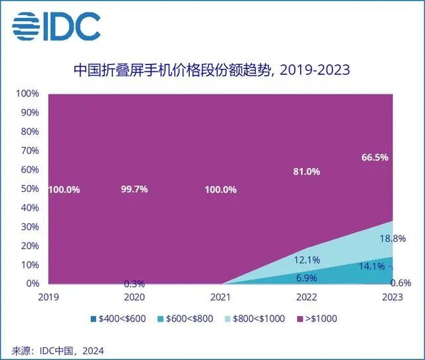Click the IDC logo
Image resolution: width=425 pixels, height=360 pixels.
(56, 26)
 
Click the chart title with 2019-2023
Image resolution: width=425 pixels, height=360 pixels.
(211, 69)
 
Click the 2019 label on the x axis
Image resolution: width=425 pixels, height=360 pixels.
(49, 297)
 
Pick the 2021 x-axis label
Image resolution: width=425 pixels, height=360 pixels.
(220, 297)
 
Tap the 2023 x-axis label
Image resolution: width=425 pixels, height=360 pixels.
(392, 297)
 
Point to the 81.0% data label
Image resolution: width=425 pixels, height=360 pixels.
(306, 171)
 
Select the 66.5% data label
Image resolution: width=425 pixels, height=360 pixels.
(374, 157)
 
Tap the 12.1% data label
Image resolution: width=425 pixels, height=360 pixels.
(306, 259)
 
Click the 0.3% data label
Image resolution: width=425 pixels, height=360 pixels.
(134, 284)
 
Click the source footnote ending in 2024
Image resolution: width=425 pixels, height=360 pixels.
(58, 349)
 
